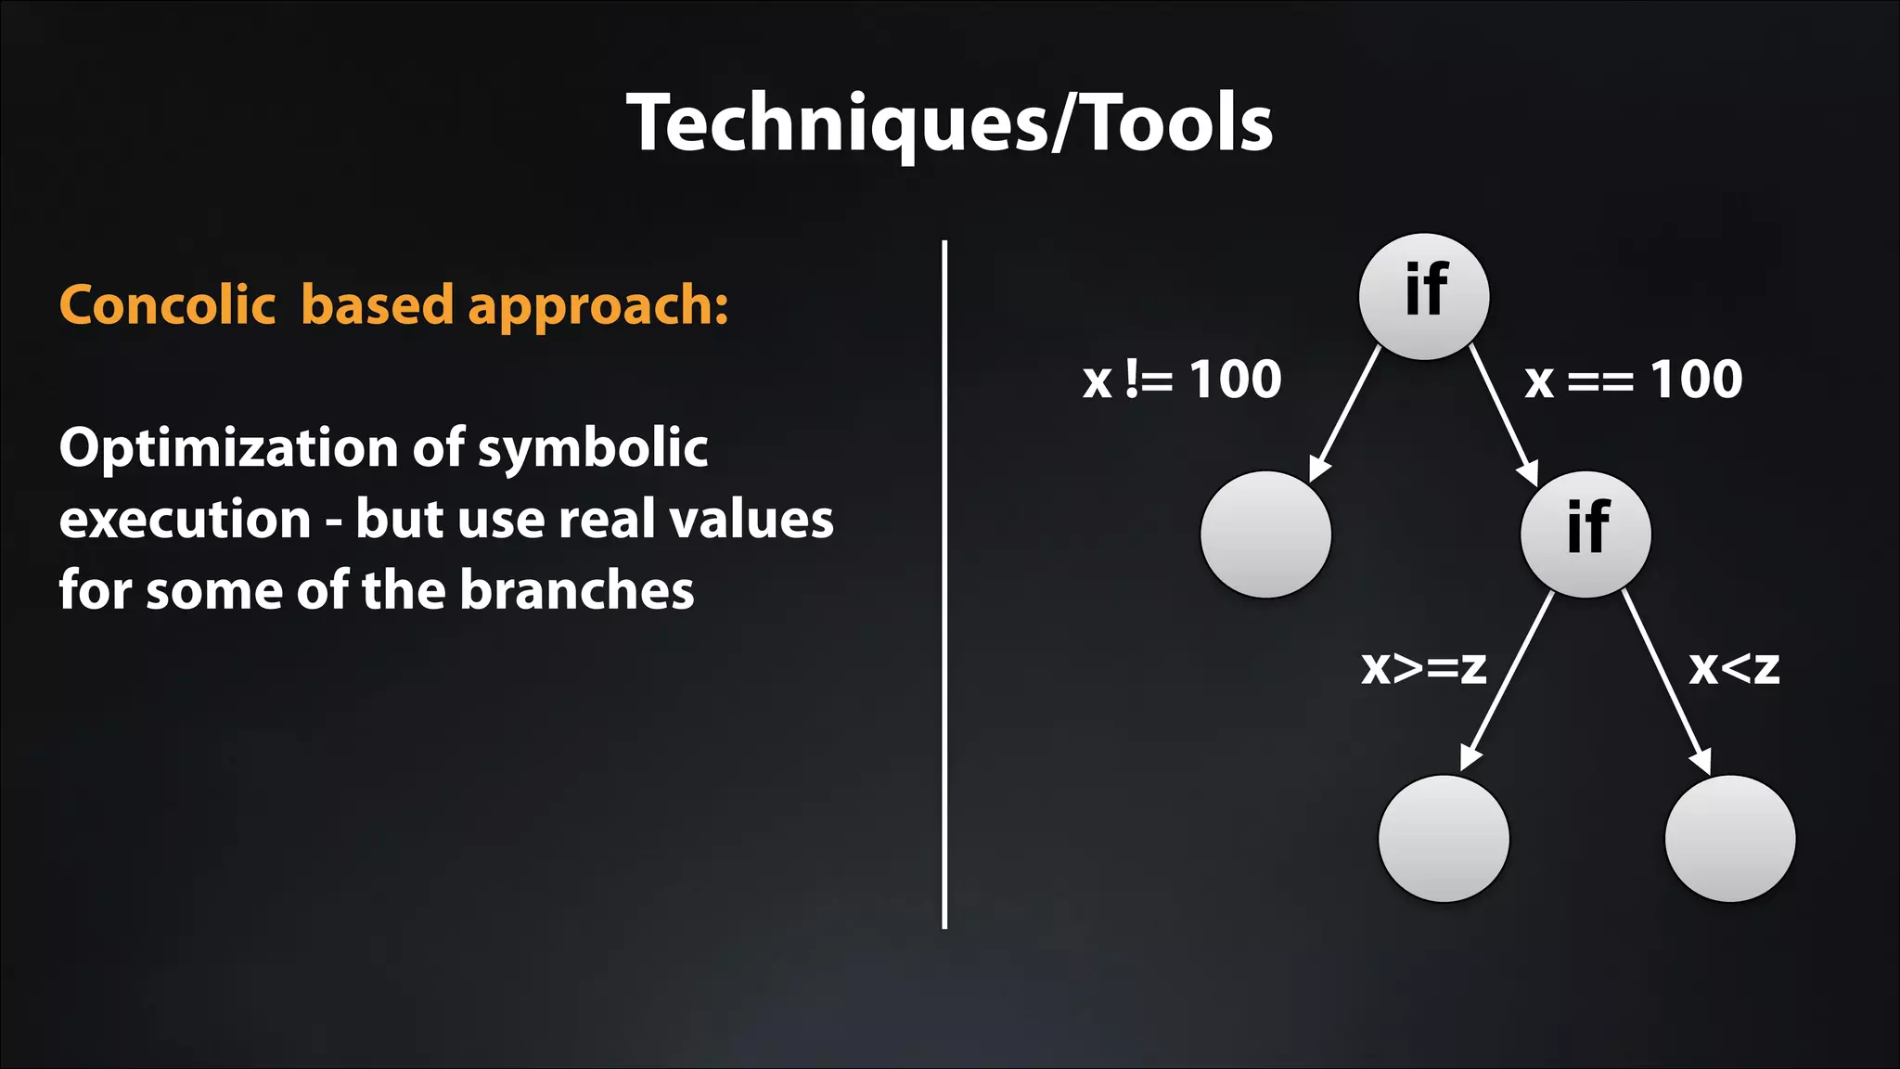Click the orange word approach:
click(598, 306)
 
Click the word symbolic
click(593, 448)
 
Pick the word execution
click(185, 519)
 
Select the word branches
click(576, 590)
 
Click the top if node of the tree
click(1424, 296)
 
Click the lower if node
click(1585, 534)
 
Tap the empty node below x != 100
click(1265, 534)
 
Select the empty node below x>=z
click(1444, 838)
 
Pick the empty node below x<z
click(1729, 838)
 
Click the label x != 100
click(1182, 380)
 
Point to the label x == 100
click(1634, 380)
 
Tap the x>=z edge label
click(1424, 667)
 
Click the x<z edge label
click(1734, 667)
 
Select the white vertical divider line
click(944, 585)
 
